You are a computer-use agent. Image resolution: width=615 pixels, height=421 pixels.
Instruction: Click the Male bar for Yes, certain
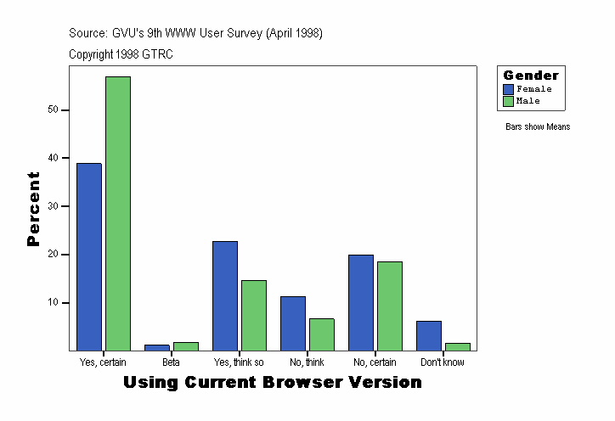click(118, 213)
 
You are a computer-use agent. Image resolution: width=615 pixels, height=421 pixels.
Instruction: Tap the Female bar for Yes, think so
click(225, 295)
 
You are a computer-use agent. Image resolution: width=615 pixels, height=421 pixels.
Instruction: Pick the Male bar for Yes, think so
click(254, 315)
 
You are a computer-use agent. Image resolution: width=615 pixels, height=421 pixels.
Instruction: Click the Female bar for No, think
click(293, 323)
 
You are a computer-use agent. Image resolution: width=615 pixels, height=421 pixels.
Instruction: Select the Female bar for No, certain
click(361, 302)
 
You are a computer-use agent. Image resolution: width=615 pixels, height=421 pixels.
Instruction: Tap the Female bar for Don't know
click(429, 335)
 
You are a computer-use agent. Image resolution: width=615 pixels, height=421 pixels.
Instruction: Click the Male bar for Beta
click(186, 346)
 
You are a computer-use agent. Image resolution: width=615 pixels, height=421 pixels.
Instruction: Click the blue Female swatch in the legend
click(509, 89)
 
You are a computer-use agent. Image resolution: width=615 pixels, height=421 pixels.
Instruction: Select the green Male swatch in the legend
click(509, 101)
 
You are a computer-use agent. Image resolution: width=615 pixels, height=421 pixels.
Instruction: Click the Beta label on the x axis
click(171, 362)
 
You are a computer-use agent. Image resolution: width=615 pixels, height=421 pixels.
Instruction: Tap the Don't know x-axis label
click(443, 362)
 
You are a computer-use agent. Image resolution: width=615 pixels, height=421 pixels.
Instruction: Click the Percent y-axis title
click(34, 209)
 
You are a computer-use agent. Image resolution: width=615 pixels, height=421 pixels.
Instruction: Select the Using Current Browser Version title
click(273, 383)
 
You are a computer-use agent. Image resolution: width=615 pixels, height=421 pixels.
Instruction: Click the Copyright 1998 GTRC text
click(121, 54)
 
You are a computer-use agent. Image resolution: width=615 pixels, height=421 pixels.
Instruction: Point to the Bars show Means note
click(538, 127)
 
